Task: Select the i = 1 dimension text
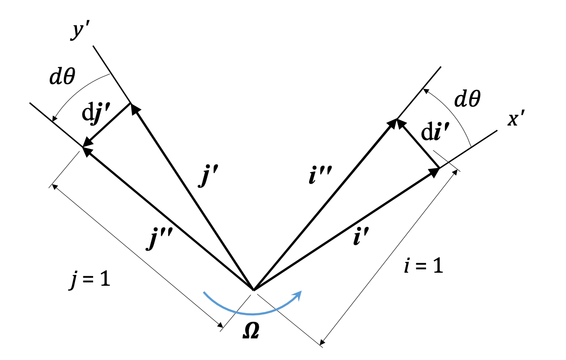pos(422,266)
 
